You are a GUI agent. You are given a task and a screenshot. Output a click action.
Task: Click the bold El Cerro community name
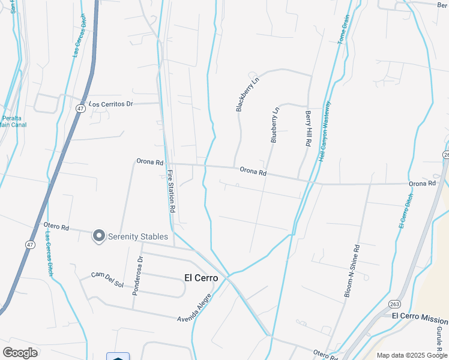coord(200,277)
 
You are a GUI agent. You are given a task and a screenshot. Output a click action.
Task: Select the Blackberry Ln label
coord(247,93)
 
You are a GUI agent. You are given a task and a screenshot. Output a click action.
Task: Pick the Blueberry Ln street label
coord(274,125)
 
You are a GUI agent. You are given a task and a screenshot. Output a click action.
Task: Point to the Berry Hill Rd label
coord(309,129)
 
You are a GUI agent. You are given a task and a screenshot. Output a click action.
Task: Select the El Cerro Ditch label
coord(406,211)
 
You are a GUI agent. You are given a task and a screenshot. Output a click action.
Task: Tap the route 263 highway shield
coord(394,304)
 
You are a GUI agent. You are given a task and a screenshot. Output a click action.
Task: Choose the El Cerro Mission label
coord(420,316)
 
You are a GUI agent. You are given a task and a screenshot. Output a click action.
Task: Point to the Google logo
coord(20,352)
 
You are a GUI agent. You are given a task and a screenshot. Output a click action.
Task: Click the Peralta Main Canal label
coord(13,121)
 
